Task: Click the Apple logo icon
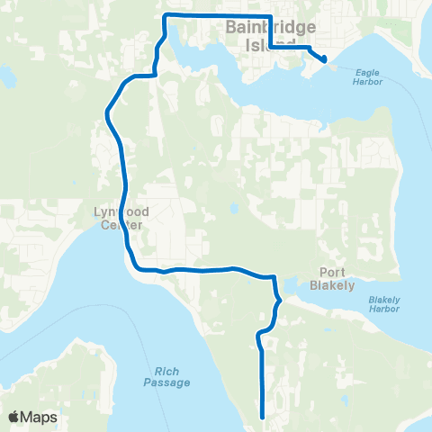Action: [13, 417]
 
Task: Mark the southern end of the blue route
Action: [262, 417]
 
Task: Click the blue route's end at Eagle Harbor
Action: [324, 60]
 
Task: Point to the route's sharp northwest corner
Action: [164, 16]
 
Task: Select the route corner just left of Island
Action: [271, 46]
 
